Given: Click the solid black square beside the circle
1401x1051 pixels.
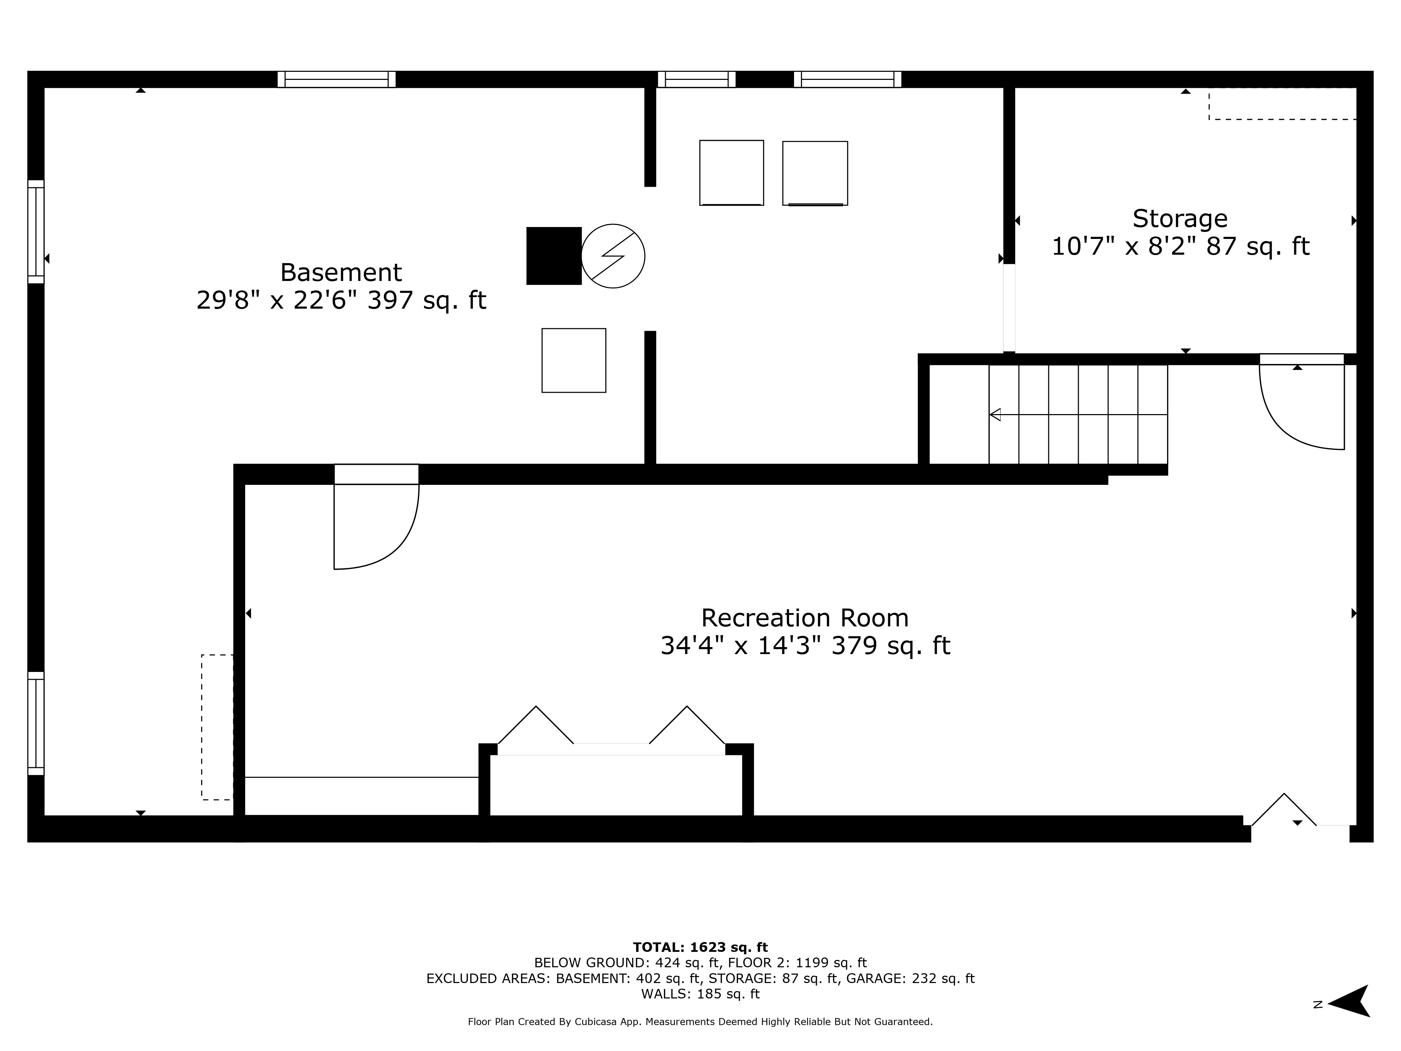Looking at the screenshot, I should pos(553,256).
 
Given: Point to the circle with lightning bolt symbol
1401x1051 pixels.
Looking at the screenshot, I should pos(613,256).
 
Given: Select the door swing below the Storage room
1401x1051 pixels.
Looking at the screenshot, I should pos(1302,408).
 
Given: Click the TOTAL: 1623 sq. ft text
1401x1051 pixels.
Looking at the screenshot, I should pos(700,947).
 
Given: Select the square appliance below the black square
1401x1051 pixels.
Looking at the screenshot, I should pos(574,360).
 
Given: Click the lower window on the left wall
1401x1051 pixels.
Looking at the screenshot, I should pos(36,723).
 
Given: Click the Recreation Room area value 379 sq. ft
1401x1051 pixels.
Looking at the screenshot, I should pos(890,646).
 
